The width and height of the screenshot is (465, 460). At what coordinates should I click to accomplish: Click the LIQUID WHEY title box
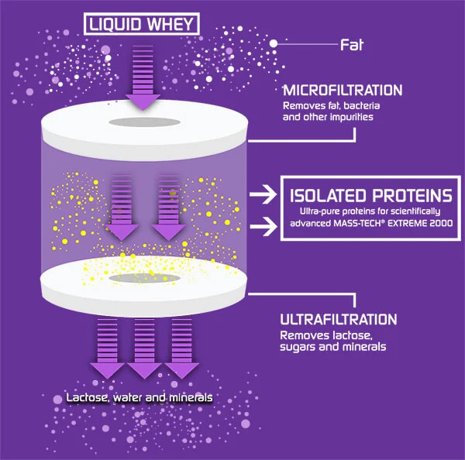142,24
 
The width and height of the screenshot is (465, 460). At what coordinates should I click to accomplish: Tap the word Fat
352,45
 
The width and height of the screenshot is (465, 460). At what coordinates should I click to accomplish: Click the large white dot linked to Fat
274,44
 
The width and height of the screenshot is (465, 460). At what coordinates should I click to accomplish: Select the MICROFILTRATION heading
343,91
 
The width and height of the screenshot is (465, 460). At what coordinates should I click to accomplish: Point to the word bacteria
361,106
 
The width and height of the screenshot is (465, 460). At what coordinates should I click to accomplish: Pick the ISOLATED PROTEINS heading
370,196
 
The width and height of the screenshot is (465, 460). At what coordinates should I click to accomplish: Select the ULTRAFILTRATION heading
339,320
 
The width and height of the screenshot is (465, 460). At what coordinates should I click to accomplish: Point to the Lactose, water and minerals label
139,397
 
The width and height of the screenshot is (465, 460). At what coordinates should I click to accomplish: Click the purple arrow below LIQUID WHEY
143,77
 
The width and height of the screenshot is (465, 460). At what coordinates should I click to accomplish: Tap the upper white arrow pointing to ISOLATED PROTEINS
263,194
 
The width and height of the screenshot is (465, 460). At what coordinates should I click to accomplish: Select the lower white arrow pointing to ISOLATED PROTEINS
263,227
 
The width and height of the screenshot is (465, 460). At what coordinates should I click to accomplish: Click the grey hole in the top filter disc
145,122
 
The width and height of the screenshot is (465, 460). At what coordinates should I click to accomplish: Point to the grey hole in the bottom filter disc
145,278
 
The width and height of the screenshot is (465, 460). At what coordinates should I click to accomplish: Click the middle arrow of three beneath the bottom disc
144,348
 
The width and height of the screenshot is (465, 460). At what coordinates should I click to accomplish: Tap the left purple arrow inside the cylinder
122,208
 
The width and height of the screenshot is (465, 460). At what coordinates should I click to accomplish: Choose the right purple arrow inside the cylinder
168,208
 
